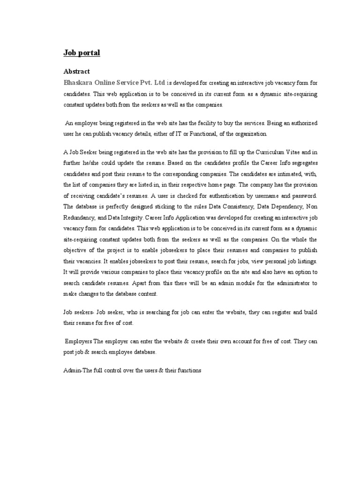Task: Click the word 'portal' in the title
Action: tap(89, 53)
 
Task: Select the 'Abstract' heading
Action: tap(76, 72)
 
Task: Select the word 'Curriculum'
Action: tap(274, 152)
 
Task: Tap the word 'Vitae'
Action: tap(300, 152)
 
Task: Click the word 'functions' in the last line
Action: tap(187, 371)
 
